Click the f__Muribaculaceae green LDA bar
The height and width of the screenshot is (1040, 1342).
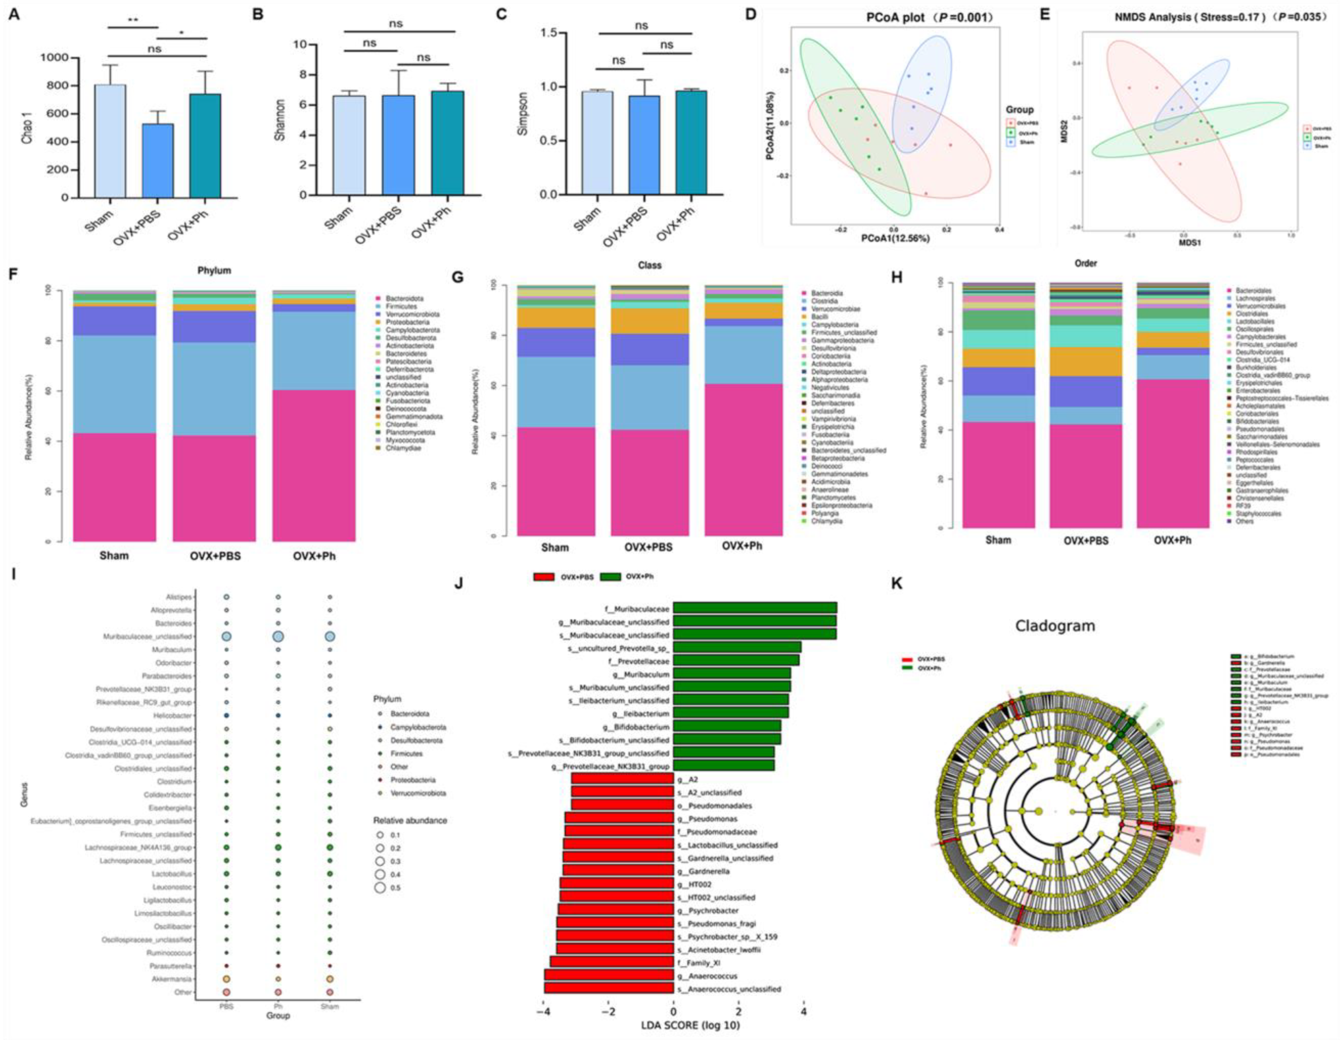tap(755, 607)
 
